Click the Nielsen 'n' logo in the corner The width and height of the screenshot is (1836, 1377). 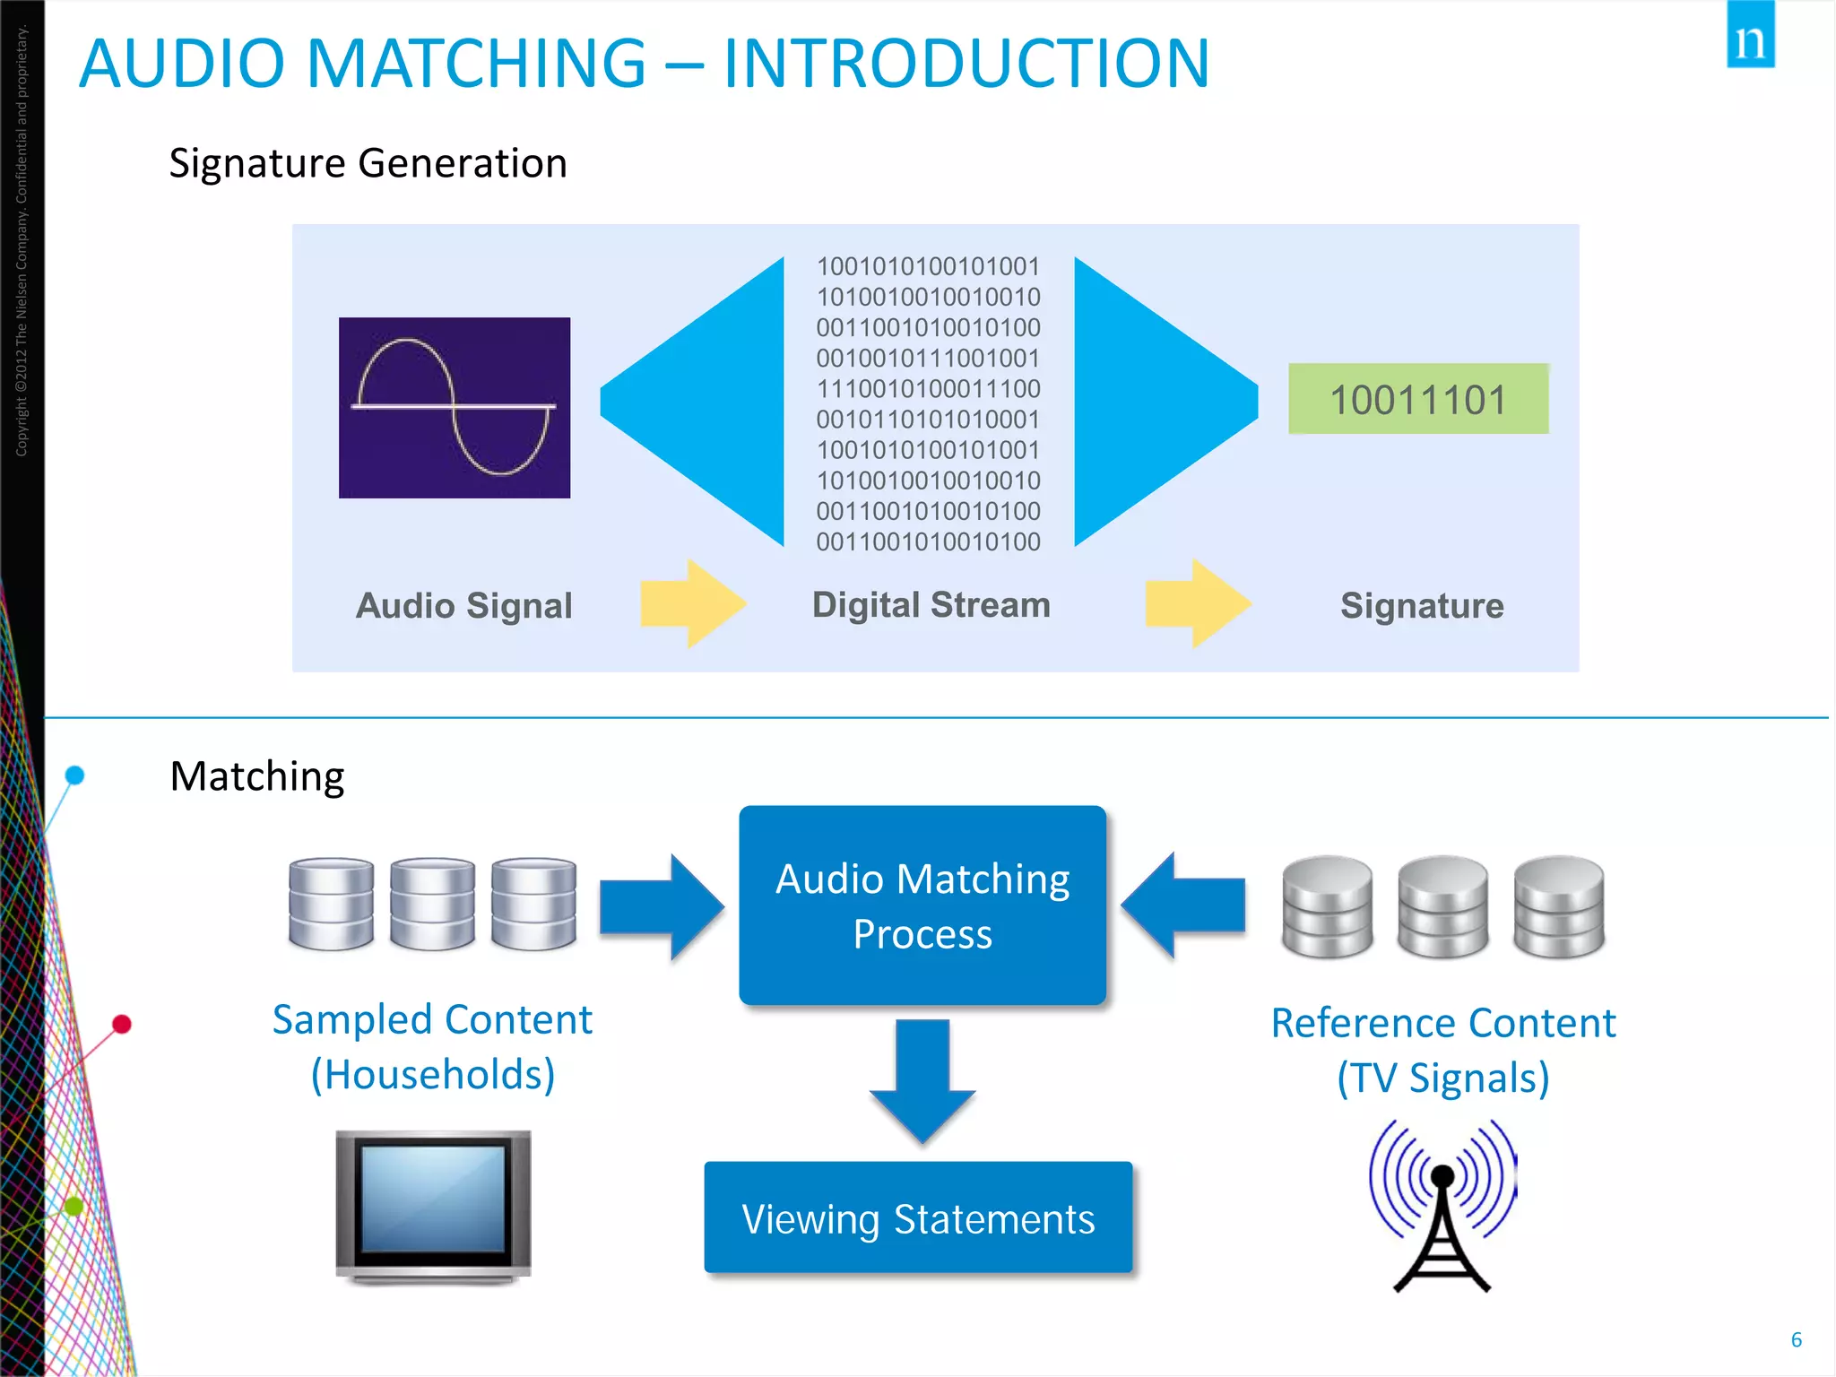pyautogui.click(x=1750, y=36)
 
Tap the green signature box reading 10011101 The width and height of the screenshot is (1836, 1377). pyautogui.click(x=1417, y=399)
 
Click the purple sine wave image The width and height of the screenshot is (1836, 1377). pyautogui.click(x=455, y=408)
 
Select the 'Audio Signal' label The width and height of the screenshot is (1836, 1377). pyautogui.click(x=463, y=606)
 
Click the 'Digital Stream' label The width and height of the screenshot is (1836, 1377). pyautogui.click(x=931, y=605)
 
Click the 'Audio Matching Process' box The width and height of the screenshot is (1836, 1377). pyautogui.click(x=922, y=905)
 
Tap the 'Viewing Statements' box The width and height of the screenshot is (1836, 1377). pyautogui.click(x=918, y=1218)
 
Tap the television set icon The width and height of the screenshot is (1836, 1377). pyautogui.click(x=434, y=1206)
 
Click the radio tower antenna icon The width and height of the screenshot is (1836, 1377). pyautogui.click(x=1442, y=1206)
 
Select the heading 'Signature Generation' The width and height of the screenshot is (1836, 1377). pyautogui.click(x=368, y=163)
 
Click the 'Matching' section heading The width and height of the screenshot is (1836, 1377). pyautogui.click(x=257, y=776)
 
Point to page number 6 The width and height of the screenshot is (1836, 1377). pyautogui.click(x=1796, y=1339)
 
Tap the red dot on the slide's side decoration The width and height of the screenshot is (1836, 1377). pyautogui.click(x=122, y=1024)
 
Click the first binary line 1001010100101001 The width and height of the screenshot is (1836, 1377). pyautogui.click(x=928, y=266)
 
